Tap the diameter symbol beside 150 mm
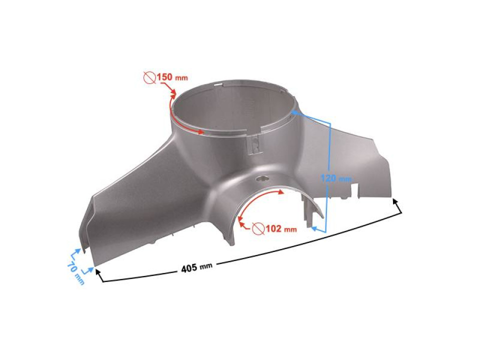(148, 77)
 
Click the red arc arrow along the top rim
(185, 125)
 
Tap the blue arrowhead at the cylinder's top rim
(295, 112)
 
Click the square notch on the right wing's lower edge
(356, 189)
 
